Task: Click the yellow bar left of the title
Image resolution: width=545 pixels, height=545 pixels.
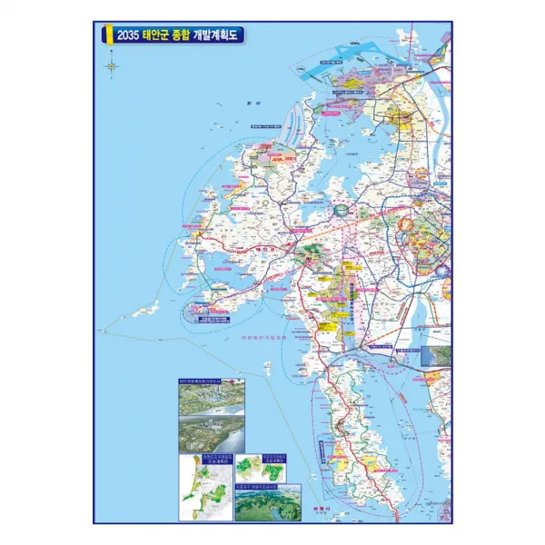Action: point(107,35)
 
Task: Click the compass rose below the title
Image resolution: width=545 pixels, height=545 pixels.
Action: point(112,65)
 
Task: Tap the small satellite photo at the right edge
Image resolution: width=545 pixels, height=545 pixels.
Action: point(436,355)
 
